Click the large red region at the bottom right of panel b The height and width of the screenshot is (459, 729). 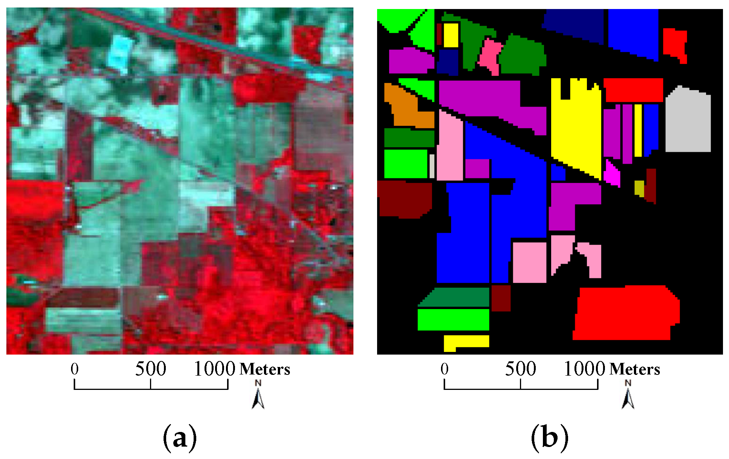(x=626, y=314)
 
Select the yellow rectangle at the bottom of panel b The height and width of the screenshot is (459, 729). (x=466, y=342)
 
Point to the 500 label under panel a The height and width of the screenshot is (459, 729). (x=150, y=369)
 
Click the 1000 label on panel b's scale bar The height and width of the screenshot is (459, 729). (x=584, y=369)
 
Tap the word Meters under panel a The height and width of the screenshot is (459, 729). (x=265, y=370)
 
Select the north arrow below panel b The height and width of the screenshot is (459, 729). (x=628, y=395)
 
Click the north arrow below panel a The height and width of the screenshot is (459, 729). (x=258, y=395)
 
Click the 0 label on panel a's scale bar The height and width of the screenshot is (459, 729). (x=74, y=369)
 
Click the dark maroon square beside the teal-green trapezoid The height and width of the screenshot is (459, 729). (x=501, y=298)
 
